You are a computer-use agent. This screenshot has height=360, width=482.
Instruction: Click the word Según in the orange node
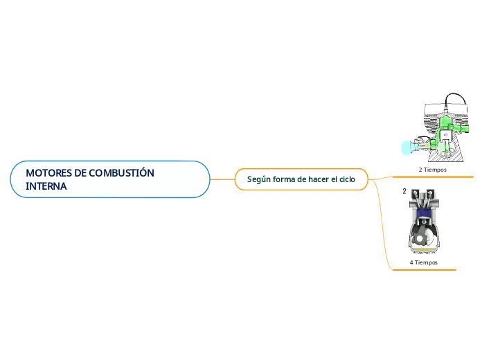pyautogui.click(x=259, y=179)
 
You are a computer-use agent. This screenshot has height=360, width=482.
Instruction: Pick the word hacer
pyautogui.click(x=319, y=179)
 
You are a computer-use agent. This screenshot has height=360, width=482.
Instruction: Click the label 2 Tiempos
pyautogui.click(x=433, y=169)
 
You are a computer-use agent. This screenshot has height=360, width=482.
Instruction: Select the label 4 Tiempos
pyautogui.click(x=424, y=262)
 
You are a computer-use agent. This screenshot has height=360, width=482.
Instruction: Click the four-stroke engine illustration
pyautogui.click(x=424, y=222)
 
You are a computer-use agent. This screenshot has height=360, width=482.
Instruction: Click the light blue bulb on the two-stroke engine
pyautogui.click(x=407, y=147)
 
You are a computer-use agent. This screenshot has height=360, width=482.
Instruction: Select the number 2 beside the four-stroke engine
pyautogui.click(x=404, y=192)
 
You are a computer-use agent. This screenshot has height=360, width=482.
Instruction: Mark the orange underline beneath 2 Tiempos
pyautogui.click(x=433, y=176)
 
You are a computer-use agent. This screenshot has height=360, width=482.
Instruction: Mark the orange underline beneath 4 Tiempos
pyautogui.click(x=424, y=269)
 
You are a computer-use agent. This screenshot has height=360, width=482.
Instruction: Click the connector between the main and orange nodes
pyautogui.click(x=222, y=179)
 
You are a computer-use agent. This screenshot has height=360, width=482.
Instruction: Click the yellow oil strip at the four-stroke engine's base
pyautogui.click(x=424, y=249)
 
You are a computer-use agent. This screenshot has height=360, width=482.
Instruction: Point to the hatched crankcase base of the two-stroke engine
pyautogui.click(x=443, y=156)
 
